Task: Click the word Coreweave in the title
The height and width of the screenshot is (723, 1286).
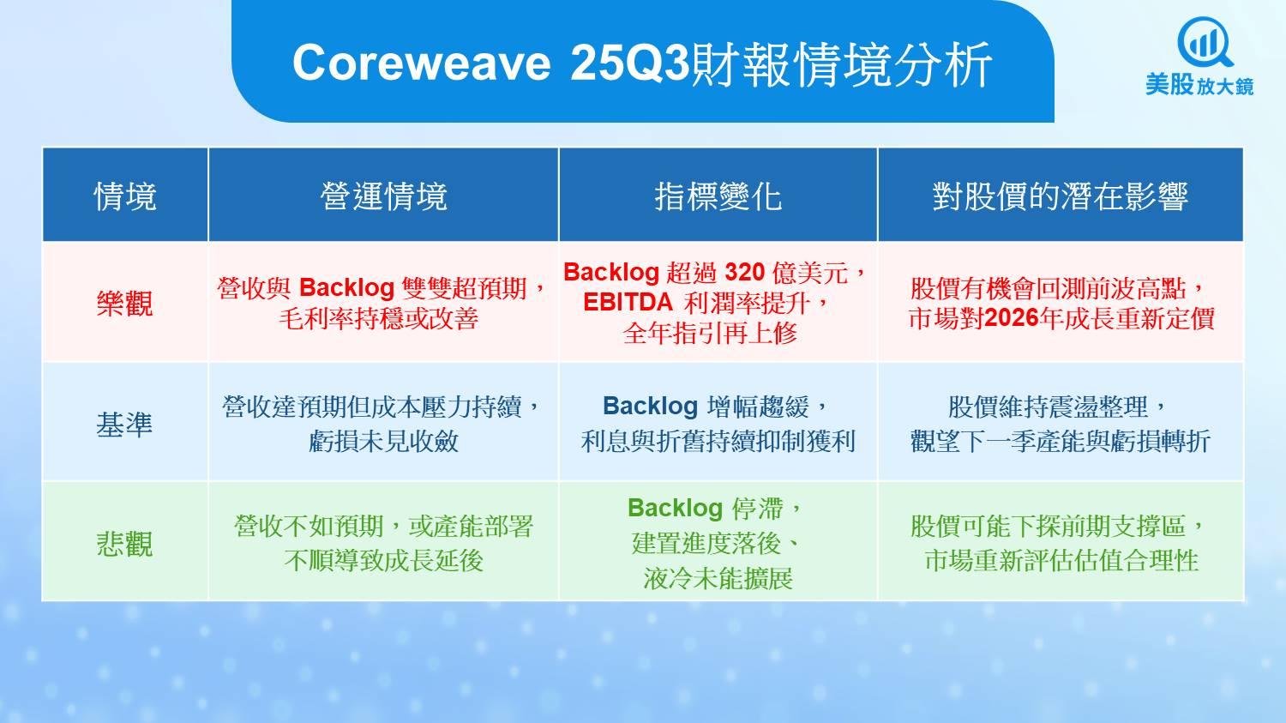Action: point(422,63)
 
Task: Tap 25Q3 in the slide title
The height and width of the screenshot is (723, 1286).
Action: point(630,63)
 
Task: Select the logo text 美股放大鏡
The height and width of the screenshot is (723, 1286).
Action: point(1199,85)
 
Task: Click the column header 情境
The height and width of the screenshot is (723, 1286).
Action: point(125,196)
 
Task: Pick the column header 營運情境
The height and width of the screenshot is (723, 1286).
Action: point(383,196)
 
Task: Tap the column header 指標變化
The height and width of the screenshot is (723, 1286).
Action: point(718,196)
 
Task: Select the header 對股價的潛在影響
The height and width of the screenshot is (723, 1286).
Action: point(1061,196)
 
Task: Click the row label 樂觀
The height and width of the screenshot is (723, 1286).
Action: point(124,304)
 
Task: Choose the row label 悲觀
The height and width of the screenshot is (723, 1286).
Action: point(124,544)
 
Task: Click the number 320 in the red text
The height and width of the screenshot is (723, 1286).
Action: point(745,272)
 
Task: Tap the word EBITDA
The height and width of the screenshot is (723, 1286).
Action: point(628,303)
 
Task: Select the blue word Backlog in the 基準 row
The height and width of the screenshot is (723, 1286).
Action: point(650,407)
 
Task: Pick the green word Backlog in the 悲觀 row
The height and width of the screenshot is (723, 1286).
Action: point(676,509)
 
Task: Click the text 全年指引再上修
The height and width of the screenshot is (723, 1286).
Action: point(710,333)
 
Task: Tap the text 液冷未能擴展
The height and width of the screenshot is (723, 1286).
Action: point(718,578)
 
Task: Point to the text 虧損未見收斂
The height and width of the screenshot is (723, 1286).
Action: point(383,442)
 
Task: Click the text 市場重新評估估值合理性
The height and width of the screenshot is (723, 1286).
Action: point(1061,561)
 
